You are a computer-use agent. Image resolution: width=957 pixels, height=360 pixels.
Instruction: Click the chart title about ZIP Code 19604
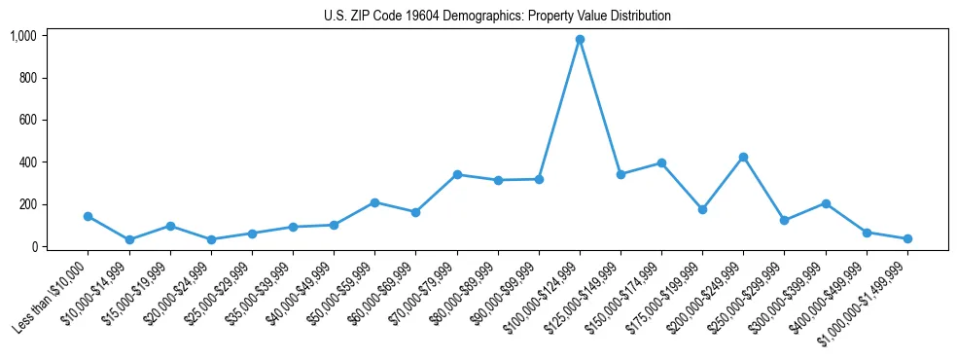(497, 16)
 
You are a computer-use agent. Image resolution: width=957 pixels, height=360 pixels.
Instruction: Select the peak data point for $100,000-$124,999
(580, 40)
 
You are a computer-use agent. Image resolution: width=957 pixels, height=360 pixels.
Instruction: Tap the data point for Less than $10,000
(89, 216)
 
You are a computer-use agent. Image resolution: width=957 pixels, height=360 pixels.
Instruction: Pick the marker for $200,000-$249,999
(743, 157)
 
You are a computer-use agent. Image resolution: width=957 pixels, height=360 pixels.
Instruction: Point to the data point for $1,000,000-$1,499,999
(907, 238)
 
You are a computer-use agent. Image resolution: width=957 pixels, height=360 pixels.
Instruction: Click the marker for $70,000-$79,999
(457, 174)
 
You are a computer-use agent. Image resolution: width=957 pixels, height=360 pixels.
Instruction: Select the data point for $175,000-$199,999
(702, 209)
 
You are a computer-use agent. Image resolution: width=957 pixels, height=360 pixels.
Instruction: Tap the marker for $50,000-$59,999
(375, 202)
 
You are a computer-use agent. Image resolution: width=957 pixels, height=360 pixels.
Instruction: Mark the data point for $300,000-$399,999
(826, 203)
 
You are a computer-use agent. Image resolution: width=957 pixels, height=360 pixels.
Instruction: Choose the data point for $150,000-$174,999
(661, 162)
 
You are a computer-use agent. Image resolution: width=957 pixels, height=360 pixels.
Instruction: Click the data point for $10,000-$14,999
(129, 239)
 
